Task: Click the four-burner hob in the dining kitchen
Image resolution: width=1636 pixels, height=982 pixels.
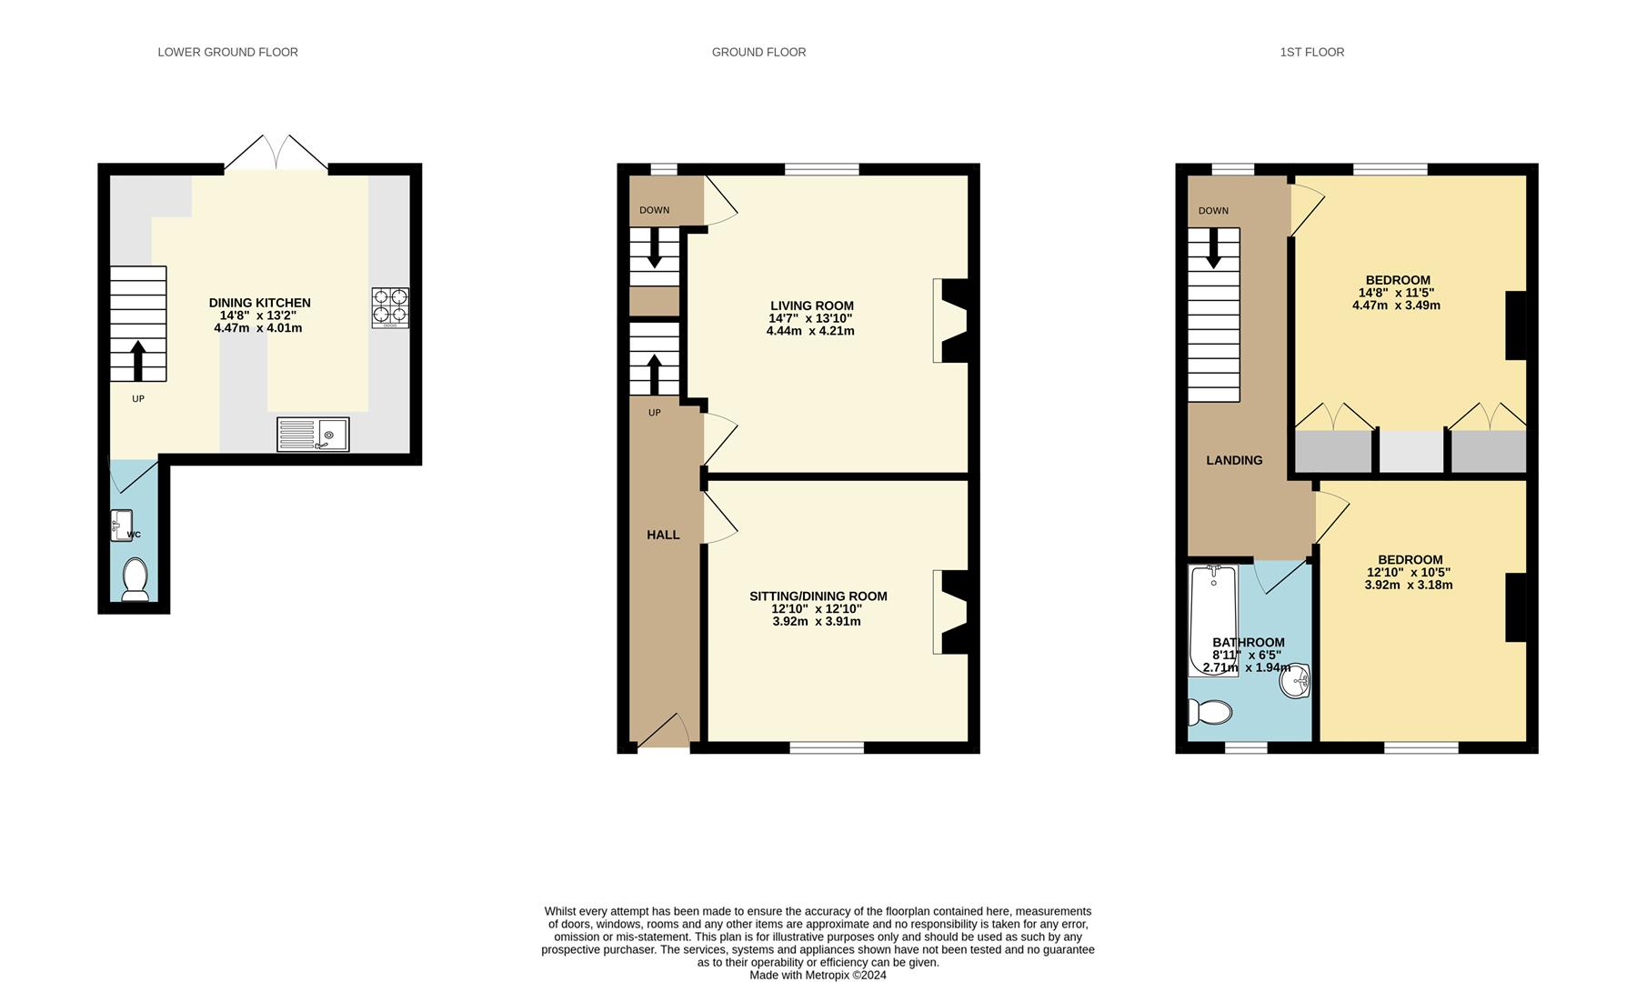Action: tap(390, 307)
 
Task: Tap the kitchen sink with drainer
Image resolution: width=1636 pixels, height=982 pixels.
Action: tap(313, 435)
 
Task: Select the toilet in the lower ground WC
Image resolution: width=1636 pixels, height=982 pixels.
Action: tap(135, 579)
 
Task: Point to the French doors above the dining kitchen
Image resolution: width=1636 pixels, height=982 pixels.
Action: tap(276, 153)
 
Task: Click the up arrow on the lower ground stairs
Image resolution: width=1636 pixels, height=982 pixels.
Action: tap(138, 360)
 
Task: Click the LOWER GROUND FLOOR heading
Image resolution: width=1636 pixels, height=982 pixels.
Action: tap(227, 52)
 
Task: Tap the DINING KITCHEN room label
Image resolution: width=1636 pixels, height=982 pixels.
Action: tap(259, 303)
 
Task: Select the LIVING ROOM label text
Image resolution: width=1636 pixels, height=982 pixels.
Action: tap(811, 306)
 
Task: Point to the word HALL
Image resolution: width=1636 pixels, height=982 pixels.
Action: tap(663, 535)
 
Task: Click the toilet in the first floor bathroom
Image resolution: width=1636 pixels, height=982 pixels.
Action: tap(1210, 712)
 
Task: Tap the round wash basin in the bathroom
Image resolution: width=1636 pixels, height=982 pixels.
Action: tap(1294, 681)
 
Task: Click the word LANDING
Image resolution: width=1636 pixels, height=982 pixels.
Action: tap(1234, 460)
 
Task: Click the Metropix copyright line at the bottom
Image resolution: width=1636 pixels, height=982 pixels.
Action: tap(818, 975)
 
